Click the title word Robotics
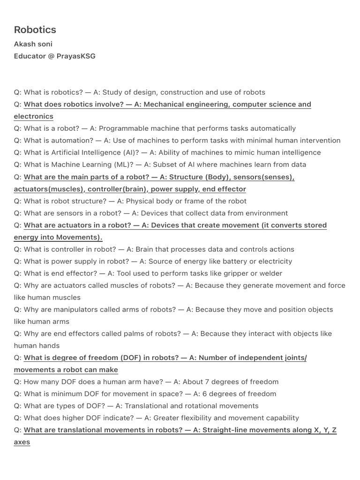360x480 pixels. click(x=35, y=30)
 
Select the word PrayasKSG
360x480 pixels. click(x=76, y=56)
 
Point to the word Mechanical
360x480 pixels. click(x=165, y=105)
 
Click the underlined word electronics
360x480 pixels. click(x=34, y=117)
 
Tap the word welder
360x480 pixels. click(x=270, y=274)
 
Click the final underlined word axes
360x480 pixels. click(x=22, y=442)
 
